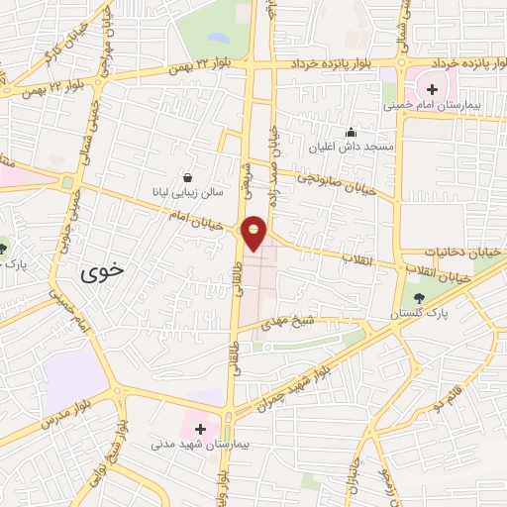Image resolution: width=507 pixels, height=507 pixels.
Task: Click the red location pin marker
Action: click(254, 232)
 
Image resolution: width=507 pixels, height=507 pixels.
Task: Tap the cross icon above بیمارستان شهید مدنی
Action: click(202, 429)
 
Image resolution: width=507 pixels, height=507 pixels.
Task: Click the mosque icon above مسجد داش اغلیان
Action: click(350, 132)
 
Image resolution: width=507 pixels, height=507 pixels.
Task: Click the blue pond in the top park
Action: click(218, 39)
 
